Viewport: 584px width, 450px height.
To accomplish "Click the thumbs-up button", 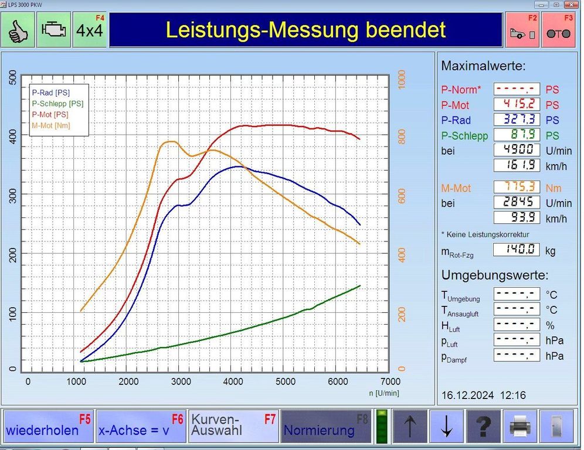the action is point(18,30).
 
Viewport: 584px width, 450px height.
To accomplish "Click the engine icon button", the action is point(53,30).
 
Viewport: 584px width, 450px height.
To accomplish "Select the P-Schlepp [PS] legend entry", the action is point(57,104).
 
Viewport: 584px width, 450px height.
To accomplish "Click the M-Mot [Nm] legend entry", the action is point(51,125).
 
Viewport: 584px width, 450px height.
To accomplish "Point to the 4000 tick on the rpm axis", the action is point(233,381).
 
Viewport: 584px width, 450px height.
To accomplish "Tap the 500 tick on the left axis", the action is point(13,77).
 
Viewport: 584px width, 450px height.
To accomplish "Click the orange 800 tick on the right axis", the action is point(402,137).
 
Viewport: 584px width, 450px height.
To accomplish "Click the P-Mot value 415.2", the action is point(517,104).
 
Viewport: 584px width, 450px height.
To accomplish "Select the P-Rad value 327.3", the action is point(517,120).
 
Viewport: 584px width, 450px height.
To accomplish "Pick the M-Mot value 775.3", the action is point(517,187).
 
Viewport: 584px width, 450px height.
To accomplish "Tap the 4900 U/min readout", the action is point(517,149).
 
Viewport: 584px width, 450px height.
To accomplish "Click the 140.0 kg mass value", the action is point(516,250).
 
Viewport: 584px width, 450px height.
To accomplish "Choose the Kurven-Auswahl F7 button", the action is point(233,426).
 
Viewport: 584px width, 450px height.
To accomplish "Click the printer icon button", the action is point(520,426).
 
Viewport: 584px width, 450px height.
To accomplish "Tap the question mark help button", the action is point(483,426).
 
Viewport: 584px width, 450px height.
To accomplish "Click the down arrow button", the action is point(447,426).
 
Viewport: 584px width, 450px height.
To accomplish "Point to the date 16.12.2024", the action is point(467,395).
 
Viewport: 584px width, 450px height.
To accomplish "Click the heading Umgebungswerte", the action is point(495,275).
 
